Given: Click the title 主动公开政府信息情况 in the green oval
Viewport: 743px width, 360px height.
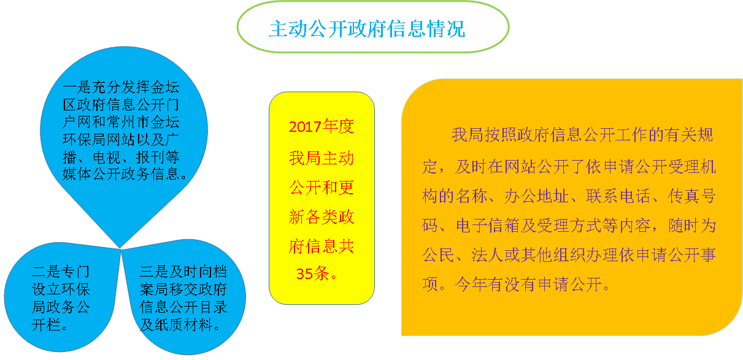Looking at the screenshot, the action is (367, 28).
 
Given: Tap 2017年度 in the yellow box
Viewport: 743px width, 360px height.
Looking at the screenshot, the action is (321, 126).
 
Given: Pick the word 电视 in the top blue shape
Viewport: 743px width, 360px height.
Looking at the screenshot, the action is (107, 157).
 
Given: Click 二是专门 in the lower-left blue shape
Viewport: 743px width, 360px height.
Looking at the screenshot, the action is (61, 272).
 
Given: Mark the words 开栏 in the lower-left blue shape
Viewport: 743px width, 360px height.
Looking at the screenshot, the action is (46, 324).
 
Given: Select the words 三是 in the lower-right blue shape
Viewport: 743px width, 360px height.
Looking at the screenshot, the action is (154, 272).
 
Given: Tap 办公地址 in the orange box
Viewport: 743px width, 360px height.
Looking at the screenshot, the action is (536, 196).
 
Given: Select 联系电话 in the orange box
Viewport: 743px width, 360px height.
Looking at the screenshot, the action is (618, 196).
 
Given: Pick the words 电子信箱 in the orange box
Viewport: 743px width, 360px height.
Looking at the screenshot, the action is (488, 226).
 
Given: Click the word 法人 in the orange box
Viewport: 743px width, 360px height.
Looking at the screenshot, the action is (487, 255).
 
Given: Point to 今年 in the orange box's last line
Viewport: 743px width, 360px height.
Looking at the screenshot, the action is (471, 284).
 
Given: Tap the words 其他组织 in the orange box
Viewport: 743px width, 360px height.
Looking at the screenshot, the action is (552, 255).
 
